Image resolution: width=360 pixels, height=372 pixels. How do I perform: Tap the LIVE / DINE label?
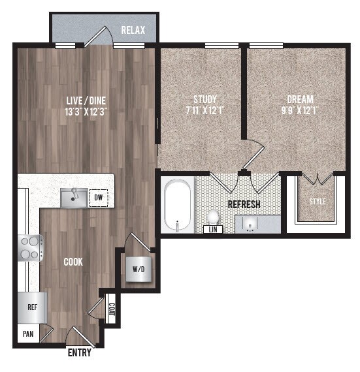click(x=86, y=101)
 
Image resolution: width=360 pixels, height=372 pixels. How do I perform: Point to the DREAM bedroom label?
click(x=301, y=100)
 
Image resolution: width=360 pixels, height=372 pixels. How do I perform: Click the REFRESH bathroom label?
click(x=244, y=204)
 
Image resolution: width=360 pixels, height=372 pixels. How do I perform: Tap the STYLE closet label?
click(x=317, y=202)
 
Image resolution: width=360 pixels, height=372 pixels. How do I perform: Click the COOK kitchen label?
click(x=73, y=262)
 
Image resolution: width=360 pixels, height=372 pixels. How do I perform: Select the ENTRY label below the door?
click(x=80, y=354)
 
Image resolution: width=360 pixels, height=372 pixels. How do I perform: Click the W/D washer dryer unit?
click(x=138, y=268)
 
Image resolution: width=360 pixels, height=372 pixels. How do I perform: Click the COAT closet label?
click(x=112, y=307)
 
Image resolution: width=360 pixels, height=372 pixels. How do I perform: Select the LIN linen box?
click(x=212, y=229)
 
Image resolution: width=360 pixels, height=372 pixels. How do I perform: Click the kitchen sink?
click(x=74, y=197)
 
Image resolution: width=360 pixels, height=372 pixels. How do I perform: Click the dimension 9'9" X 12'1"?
click(x=301, y=111)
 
